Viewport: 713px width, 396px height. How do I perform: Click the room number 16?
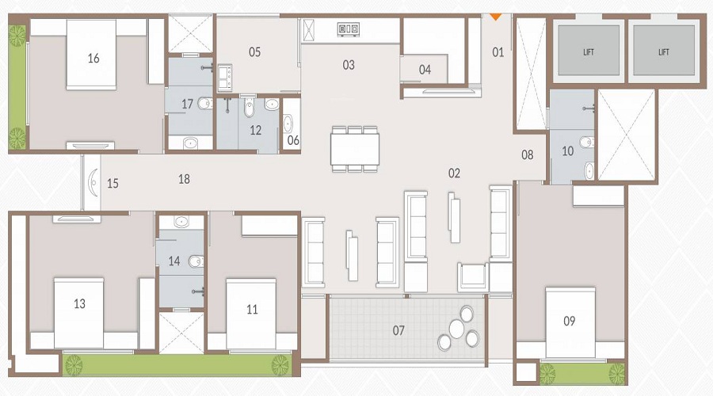[93, 58]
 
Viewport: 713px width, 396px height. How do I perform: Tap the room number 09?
[569, 321]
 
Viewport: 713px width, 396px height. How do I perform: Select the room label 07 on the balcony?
[398, 329]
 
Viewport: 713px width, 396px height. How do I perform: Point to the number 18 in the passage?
[184, 180]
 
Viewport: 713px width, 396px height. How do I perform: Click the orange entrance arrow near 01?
[496, 15]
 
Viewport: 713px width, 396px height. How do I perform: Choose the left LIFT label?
[588, 52]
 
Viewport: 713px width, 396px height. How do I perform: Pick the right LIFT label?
[664, 52]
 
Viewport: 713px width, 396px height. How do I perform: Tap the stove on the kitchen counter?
[347, 29]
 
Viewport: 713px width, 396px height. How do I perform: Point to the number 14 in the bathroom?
[174, 261]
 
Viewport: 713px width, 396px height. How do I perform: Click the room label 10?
[567, 150]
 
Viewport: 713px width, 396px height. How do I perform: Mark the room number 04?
[425, 70]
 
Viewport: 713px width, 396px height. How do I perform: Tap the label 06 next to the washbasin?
[293, 141]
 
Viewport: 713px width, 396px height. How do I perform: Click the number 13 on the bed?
[79, 303]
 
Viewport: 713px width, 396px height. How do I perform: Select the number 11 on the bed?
[252, 310]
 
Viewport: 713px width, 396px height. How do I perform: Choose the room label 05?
[254, 52]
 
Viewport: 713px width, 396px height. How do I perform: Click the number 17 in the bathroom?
[187, 103]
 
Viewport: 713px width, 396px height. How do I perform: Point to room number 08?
[528, 155]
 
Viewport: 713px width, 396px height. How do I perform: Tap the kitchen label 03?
[349, 65]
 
